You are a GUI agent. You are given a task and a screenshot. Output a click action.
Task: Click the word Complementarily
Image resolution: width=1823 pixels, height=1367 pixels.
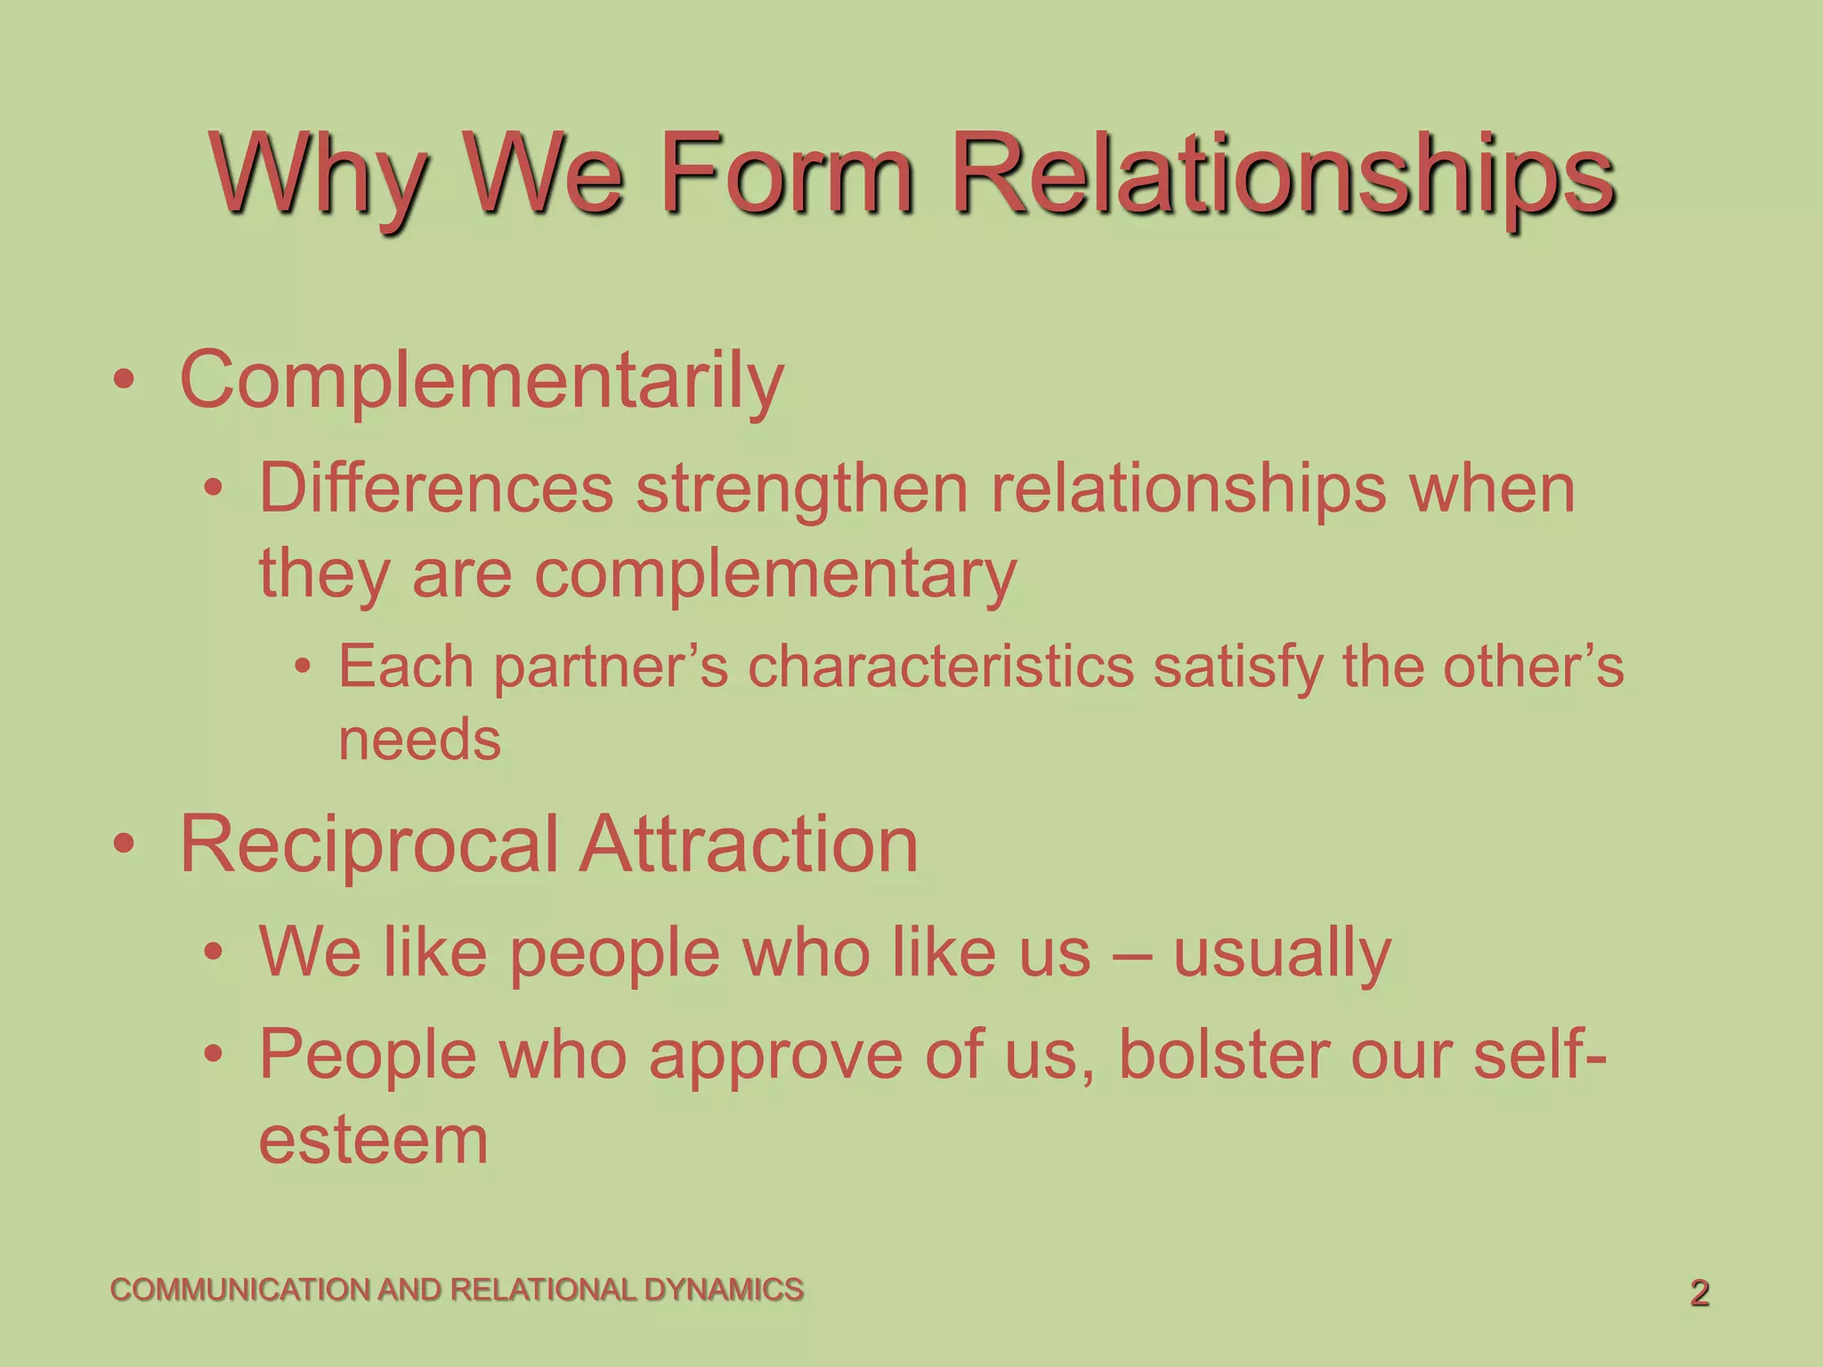482,381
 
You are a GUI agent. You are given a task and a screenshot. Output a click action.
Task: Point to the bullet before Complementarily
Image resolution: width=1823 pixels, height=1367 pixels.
124,381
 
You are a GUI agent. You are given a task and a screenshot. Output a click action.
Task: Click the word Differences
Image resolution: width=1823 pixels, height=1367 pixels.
436,489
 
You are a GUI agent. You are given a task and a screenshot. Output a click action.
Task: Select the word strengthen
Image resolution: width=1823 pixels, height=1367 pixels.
801,489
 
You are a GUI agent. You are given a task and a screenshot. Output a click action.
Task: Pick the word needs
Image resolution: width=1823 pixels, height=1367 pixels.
419,740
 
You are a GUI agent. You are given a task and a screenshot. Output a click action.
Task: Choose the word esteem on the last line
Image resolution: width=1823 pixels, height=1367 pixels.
373,1140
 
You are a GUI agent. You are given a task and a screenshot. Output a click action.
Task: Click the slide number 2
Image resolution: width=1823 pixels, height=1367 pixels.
1699,1293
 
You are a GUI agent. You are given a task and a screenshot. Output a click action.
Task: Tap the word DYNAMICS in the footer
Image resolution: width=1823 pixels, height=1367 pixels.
724,1290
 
